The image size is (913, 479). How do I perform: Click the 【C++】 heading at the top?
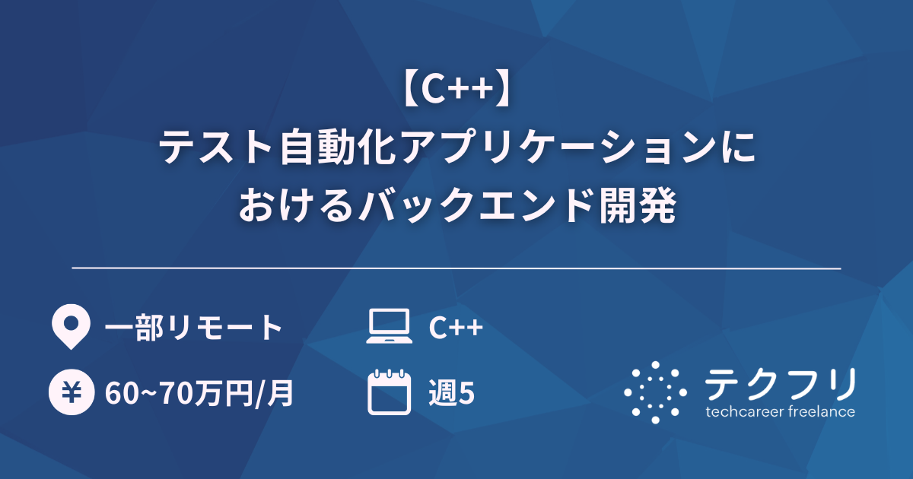456,90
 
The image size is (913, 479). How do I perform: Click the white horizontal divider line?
456,268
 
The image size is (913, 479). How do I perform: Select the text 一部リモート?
193,328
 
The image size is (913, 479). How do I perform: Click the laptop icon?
389,327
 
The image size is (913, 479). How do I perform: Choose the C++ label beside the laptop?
455,328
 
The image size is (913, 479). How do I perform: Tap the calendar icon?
389,392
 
